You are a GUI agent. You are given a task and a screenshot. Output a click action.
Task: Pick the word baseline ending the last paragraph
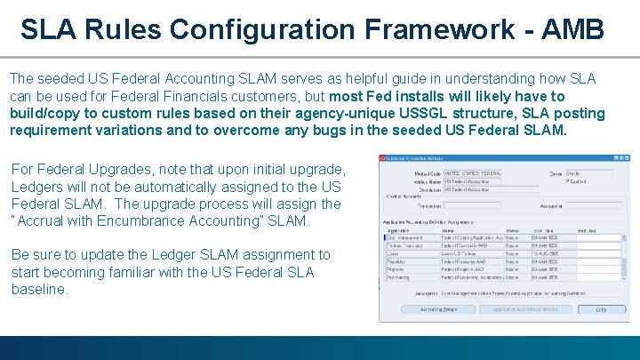39,289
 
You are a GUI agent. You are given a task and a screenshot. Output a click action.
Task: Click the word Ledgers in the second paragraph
36,187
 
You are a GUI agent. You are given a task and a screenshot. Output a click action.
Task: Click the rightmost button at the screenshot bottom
600,309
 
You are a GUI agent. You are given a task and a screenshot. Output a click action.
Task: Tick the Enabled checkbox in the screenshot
569,180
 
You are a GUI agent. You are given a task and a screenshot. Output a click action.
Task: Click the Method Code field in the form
472,173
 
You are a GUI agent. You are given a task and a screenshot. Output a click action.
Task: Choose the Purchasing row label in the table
397,276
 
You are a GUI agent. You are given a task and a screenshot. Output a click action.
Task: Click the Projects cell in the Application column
395,269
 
